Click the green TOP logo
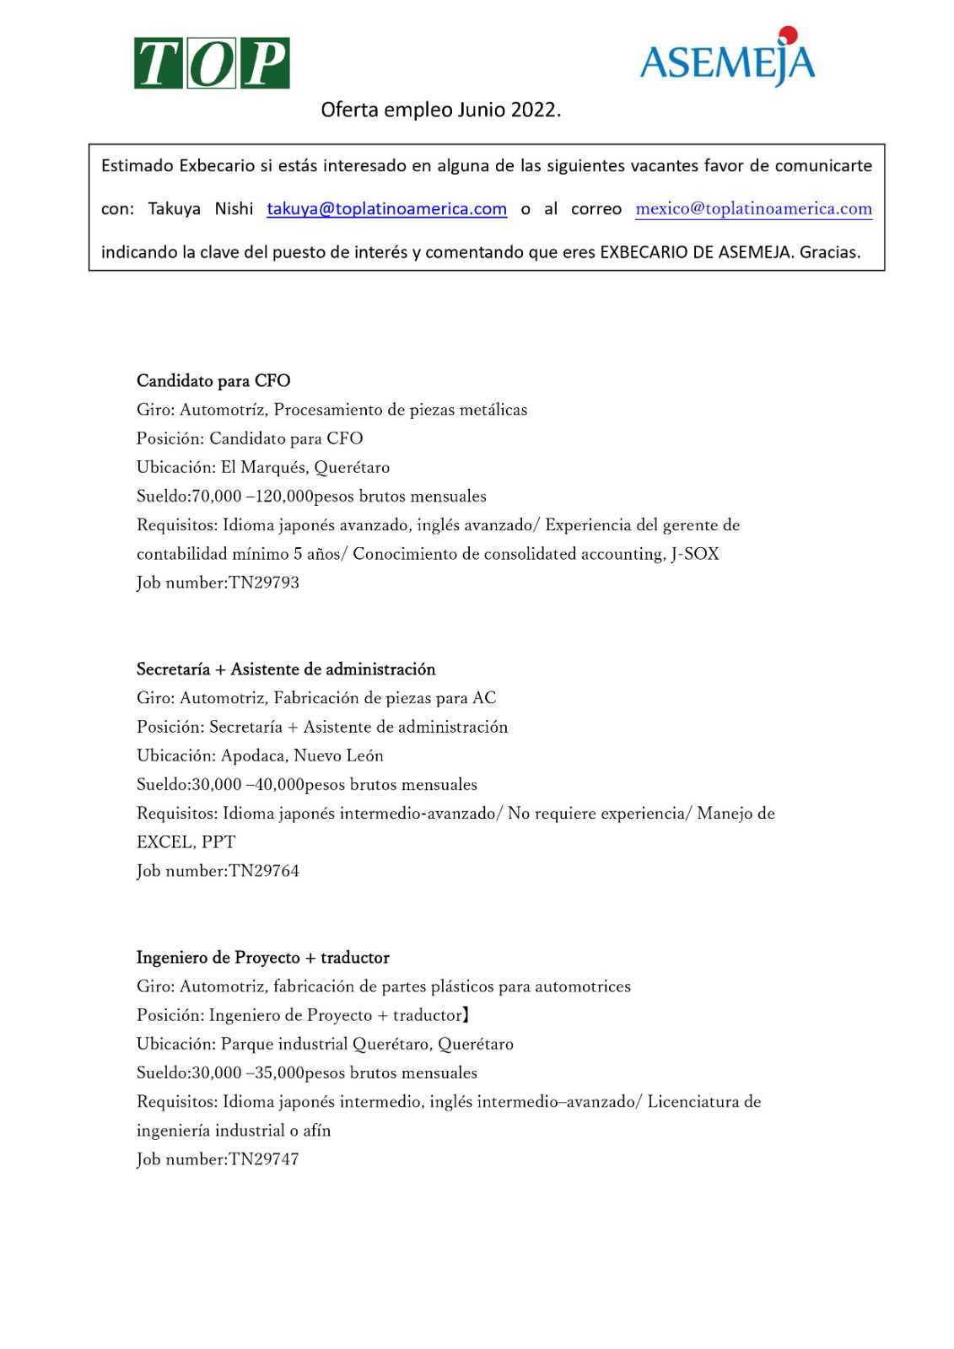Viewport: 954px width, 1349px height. coord(212,63)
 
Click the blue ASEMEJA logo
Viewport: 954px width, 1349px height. coord(727,59)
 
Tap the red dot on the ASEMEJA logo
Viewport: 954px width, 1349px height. coord(789,35)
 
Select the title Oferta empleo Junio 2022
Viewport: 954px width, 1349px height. coord(440,110)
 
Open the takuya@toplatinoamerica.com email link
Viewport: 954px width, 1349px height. coord(386,209)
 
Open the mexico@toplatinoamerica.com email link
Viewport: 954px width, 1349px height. coord(753,209)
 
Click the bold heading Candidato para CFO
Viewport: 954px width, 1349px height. coord(213,381)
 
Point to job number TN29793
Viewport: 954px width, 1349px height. coord(264,583)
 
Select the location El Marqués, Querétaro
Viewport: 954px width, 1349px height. coord(305,467)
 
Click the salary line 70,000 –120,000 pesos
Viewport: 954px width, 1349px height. coord(311,496)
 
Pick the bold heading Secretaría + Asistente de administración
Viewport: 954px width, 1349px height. coord(286,669)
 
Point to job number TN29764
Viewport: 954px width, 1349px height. coord(264,871)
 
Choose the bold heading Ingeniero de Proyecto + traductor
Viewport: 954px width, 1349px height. coord(263,958)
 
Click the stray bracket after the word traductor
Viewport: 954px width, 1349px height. coord(466,1015)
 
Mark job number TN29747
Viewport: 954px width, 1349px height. coord(264,1159)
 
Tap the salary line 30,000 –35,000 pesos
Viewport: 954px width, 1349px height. coord(307,1072)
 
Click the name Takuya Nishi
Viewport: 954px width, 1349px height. coord(201,209)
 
